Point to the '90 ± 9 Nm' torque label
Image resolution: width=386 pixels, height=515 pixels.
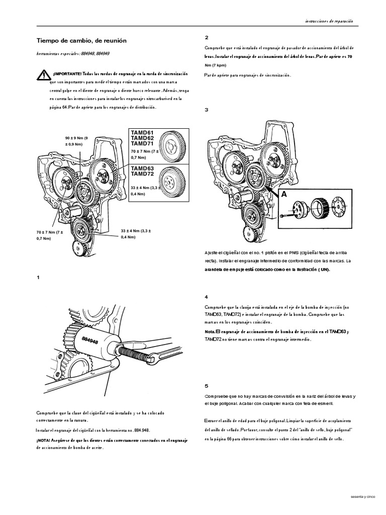point(75,137)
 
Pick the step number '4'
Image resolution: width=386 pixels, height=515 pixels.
point(207,297)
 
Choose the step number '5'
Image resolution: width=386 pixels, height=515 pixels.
point(207,386)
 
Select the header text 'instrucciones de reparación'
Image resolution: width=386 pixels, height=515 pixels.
point(329,21)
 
